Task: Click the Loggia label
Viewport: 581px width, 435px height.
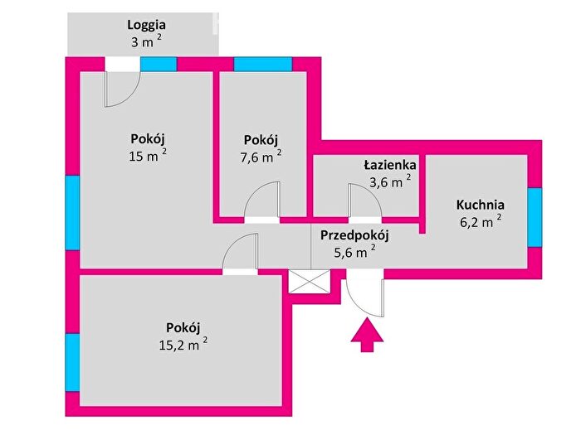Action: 146,25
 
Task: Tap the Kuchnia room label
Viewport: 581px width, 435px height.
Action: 481,205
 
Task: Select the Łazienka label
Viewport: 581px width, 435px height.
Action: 390,165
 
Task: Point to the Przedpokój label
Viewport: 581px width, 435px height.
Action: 354,235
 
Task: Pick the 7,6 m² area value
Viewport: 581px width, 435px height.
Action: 261,157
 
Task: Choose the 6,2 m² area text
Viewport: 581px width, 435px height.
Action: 481,221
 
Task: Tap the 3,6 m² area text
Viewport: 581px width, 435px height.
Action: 390,181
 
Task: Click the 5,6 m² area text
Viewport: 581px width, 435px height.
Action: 354,252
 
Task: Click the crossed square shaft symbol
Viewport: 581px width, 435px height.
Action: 309,282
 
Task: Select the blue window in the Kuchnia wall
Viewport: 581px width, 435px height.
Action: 535,217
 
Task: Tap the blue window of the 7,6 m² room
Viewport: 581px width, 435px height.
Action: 263,65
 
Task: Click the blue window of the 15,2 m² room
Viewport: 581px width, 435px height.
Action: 73,363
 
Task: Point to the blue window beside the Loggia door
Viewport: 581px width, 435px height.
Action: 159,65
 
